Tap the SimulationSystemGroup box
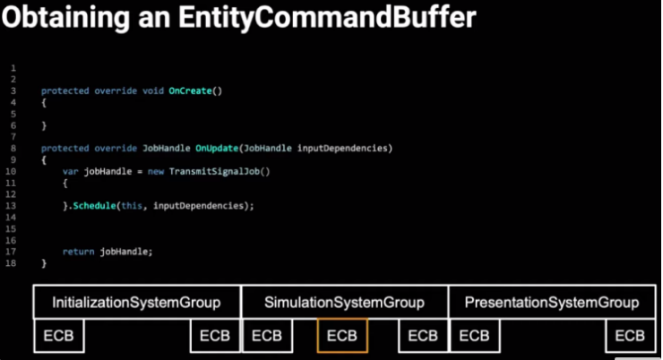(344, 303)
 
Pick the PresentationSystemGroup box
(552, 303)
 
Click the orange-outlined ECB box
(342, 336)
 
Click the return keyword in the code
(79, 252)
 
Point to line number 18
(13, 263)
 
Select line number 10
(13, 170)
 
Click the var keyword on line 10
(71, 170)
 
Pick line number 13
(13, 205)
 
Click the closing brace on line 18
(44, 263)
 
